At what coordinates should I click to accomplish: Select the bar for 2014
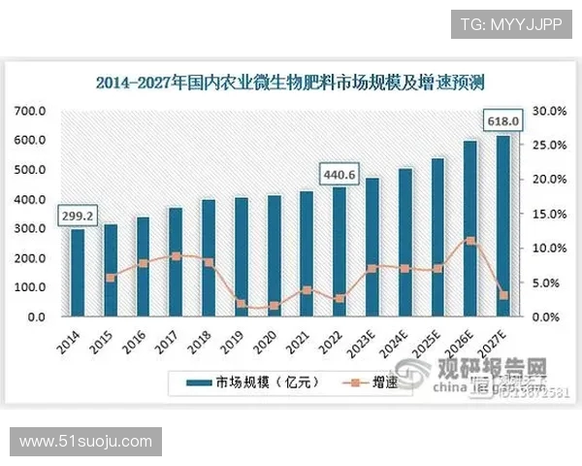coord(78,273)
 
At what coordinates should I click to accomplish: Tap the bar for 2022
coord(339,251)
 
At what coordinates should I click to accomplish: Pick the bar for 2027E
coord(502,226)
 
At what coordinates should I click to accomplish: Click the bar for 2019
coord(241,257)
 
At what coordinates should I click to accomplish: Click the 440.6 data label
coord(340,175)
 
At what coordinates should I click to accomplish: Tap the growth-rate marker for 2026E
coord(469,241)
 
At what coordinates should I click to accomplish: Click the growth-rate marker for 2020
coord(274,306)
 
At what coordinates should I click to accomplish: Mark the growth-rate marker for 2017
coord(176,256)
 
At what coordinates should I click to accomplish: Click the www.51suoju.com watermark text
coord(86,442)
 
